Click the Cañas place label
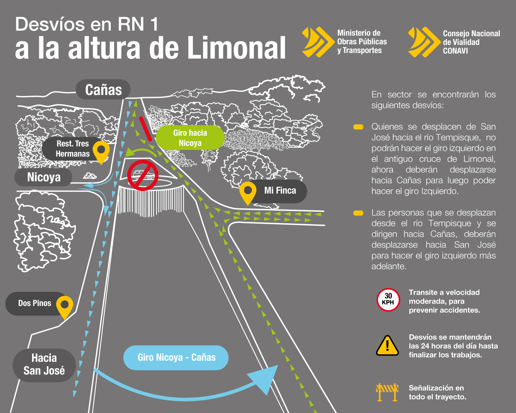click(x=103, y=89)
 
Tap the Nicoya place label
click(x=43, y=177)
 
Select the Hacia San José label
click(x=44, y=364)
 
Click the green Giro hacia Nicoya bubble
click(x=190, y=138)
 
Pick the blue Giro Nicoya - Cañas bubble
click(x=176, y=357)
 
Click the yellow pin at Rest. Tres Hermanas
click(x=101, y=151)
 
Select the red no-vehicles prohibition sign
click(x=143, y=175)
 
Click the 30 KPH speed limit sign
click(x=388, y=300)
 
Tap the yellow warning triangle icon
click(x=387, y=346)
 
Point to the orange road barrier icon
click(x=387, y=392)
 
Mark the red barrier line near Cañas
click(x=146, y=129)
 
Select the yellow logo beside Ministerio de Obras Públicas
click(x=318, y=42)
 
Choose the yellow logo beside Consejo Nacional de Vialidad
click(x=424, y=42)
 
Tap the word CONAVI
click(x=455, y=51)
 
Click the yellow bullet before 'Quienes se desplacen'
click(x=358, y=127)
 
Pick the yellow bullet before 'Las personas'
click(x=358, y=213)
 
